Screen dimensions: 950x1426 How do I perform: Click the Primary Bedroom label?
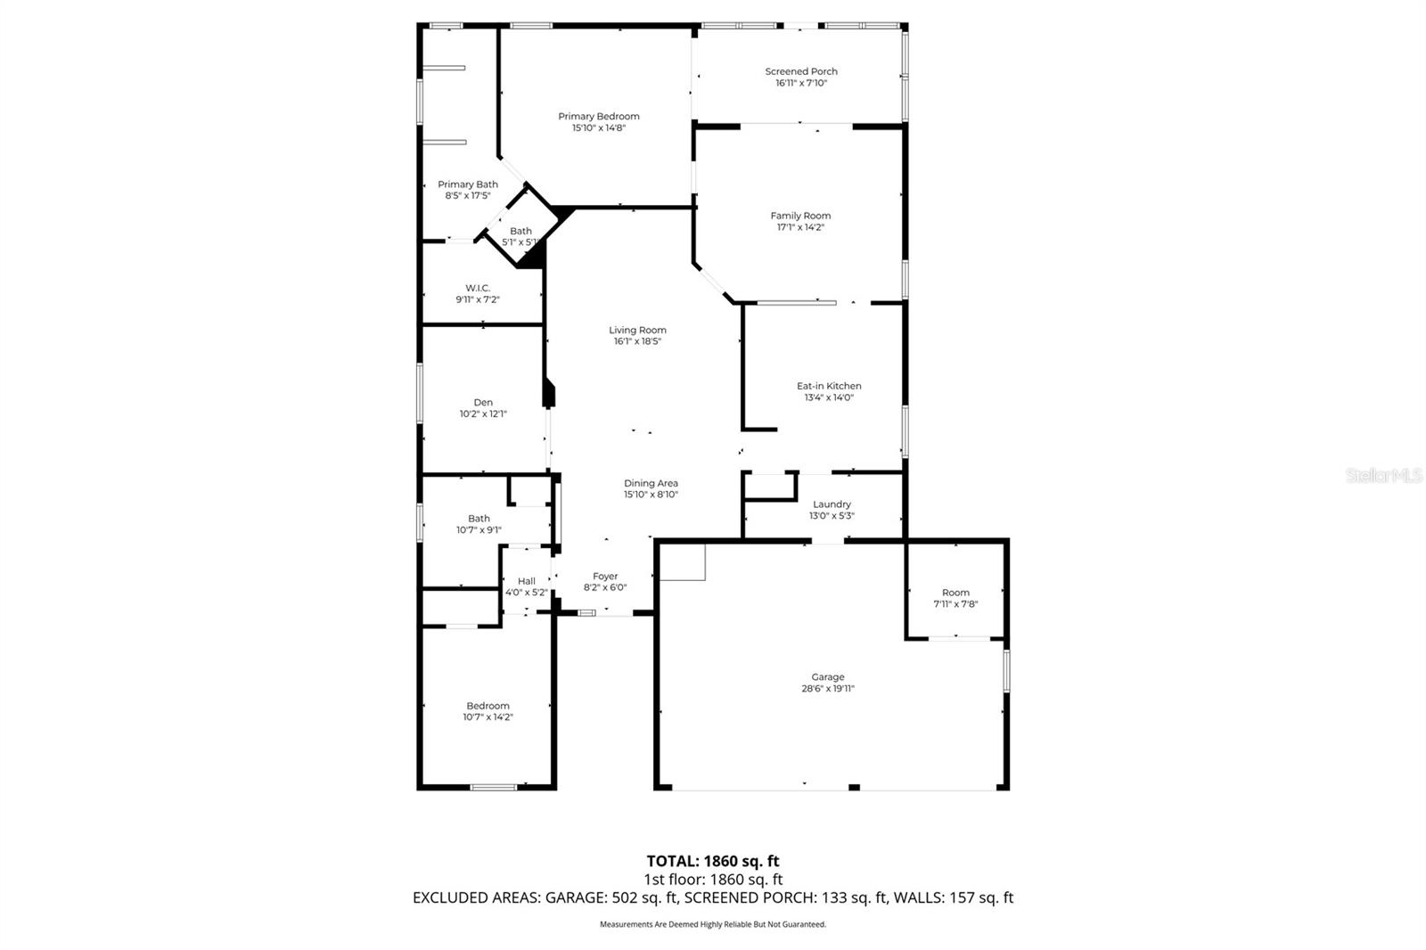598,117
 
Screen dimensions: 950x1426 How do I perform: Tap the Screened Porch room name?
801,71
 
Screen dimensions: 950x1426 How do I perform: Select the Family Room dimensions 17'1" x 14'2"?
800,227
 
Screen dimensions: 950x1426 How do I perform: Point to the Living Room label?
637,330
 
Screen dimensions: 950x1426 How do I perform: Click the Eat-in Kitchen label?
829,386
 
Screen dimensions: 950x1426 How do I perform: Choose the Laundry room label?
832,504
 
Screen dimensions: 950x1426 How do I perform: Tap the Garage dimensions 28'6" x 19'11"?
827,689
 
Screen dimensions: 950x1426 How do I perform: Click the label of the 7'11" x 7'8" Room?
955,593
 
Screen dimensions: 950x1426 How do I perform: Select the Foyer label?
605,577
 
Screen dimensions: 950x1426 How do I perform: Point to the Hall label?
527,581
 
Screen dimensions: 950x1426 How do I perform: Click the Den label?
483,403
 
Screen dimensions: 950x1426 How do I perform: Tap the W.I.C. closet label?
478,288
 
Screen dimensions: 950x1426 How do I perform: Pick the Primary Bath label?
468,184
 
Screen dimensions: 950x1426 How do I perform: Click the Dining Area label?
651,483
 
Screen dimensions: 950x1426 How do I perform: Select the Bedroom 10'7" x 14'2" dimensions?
488,717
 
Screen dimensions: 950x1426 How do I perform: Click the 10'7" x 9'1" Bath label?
479,519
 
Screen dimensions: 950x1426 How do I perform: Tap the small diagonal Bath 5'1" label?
520,231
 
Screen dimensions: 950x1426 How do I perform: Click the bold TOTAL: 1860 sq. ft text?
712,861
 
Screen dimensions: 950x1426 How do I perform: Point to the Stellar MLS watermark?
1384,476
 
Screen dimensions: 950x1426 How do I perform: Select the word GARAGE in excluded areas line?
573,898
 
